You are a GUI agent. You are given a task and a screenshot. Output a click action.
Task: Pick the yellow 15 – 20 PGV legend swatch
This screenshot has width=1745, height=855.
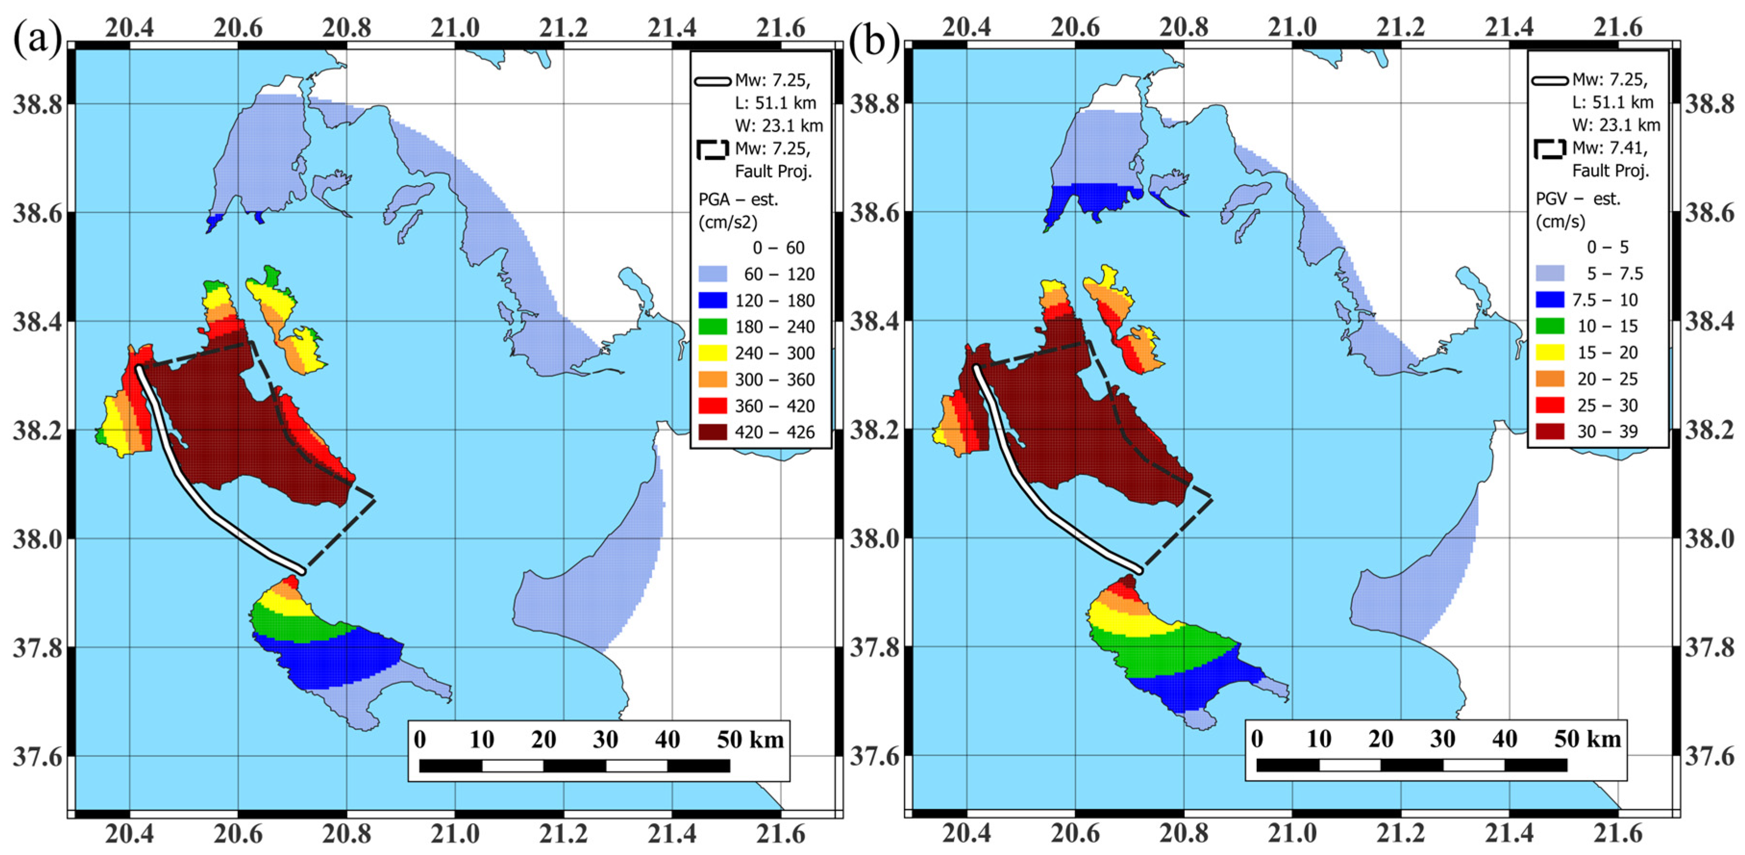[x=1550, y=352]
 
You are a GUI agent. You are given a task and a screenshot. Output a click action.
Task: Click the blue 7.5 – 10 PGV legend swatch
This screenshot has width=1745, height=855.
[x=1550, y=299]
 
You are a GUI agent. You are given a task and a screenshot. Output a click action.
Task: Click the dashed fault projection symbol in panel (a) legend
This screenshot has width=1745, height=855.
[x=713, y=150]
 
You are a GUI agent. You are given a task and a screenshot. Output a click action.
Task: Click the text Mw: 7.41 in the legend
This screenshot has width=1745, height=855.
[x=1609, y=148]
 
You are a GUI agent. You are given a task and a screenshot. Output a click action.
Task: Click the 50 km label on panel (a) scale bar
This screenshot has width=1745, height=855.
[x=750, y=740]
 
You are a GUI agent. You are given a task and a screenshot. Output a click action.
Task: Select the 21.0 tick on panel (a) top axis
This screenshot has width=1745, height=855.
[x=455, y=28]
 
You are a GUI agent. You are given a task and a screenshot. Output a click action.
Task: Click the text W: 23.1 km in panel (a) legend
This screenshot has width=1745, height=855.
[x=779, y=126]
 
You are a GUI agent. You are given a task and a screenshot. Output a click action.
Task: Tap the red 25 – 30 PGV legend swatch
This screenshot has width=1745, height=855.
[x=1550, y=405]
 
